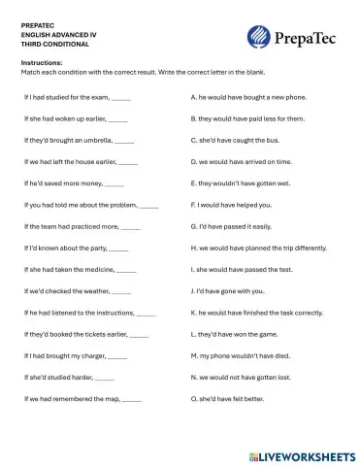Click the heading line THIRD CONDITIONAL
point(54,44)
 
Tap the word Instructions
point(41,63)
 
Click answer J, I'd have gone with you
point(227,291)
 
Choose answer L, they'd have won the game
point(234,334)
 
